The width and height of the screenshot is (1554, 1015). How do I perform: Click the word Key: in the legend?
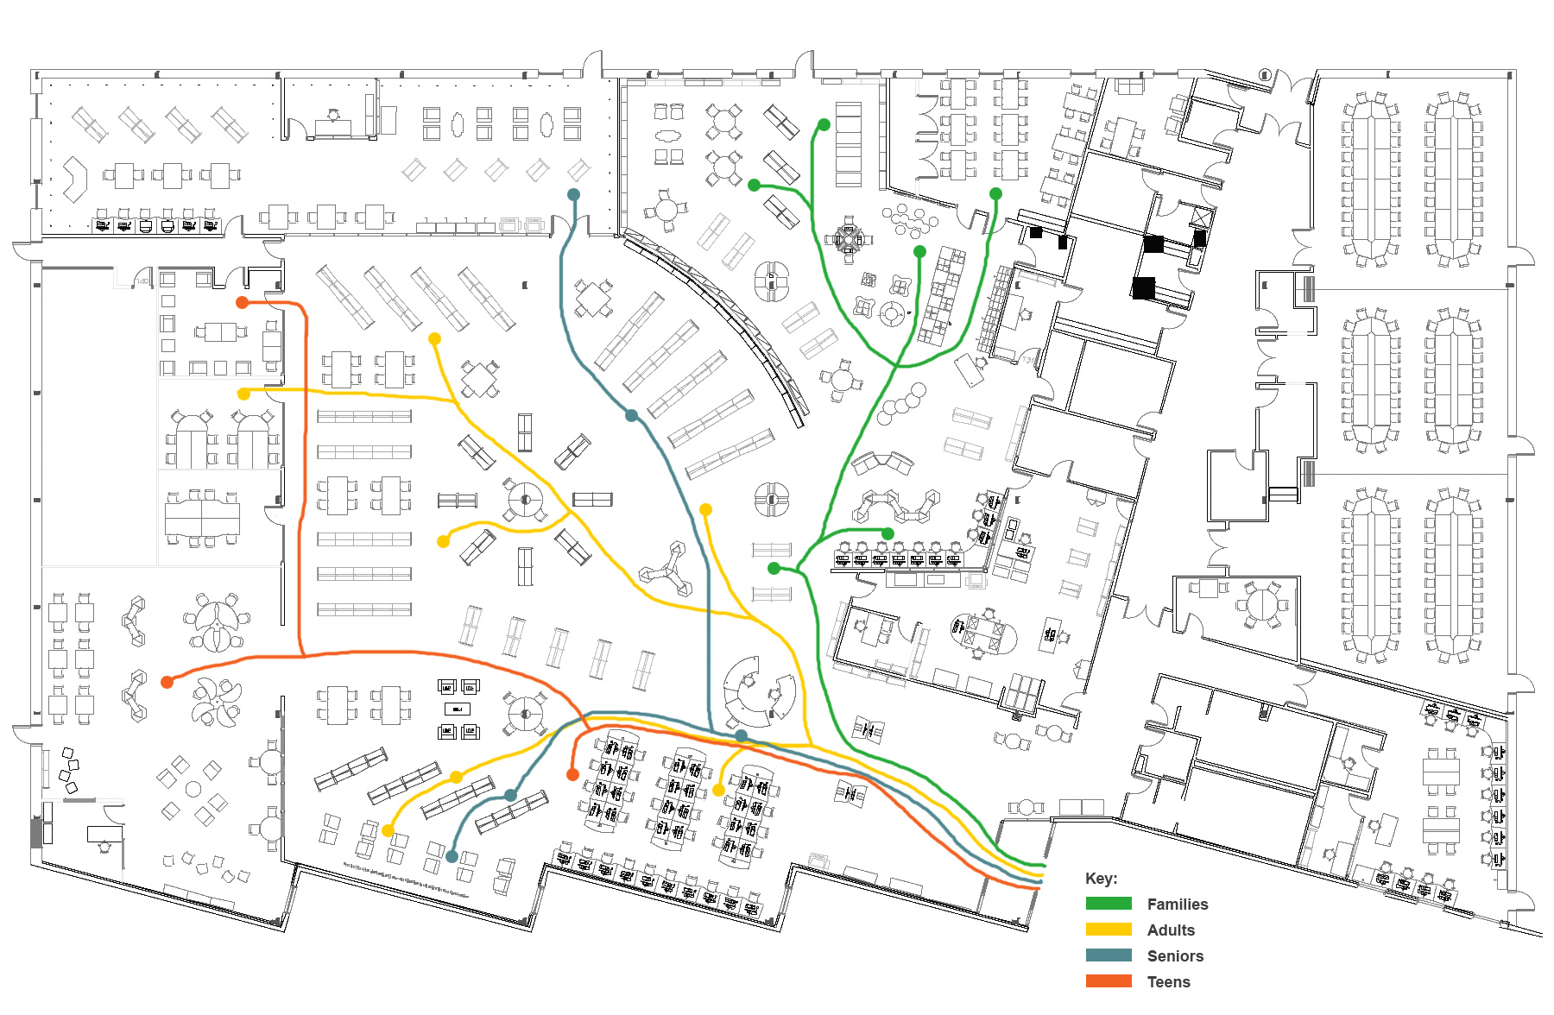[1101, 879]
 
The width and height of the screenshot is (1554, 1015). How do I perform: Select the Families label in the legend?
[1177, 905]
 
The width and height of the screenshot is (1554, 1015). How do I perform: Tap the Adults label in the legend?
[1171, 930]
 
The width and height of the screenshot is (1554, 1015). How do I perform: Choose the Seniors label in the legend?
[1175, 956]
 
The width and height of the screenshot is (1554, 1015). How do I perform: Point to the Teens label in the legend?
[1168, 982]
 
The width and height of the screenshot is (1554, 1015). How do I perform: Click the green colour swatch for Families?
[1109, 904]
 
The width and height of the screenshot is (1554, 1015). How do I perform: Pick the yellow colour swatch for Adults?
[1109, 930]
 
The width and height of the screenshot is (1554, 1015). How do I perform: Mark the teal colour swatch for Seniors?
[1109, 955]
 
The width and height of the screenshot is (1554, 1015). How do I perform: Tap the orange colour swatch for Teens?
[1109, 981]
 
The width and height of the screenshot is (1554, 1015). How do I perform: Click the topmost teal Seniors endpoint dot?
[573, 195]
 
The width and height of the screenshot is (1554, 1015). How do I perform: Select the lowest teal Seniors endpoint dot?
[452, 856]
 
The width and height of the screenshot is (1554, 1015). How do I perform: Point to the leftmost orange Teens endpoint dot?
[167, 682]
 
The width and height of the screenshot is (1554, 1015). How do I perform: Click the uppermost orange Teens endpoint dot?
[243, 302]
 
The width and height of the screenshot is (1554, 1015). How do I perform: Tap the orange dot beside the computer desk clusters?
[572, 775]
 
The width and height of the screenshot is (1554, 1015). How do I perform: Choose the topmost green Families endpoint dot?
[824, 125]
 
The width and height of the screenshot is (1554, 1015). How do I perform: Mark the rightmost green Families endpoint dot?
[995, 194]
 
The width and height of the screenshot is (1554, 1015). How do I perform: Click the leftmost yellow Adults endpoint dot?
[243, 394]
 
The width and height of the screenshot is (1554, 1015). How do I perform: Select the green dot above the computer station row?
[888, 533]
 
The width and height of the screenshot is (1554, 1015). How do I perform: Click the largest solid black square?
[1144, 287]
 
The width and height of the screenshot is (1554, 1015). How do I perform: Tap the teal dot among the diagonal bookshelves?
[632, 416]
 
